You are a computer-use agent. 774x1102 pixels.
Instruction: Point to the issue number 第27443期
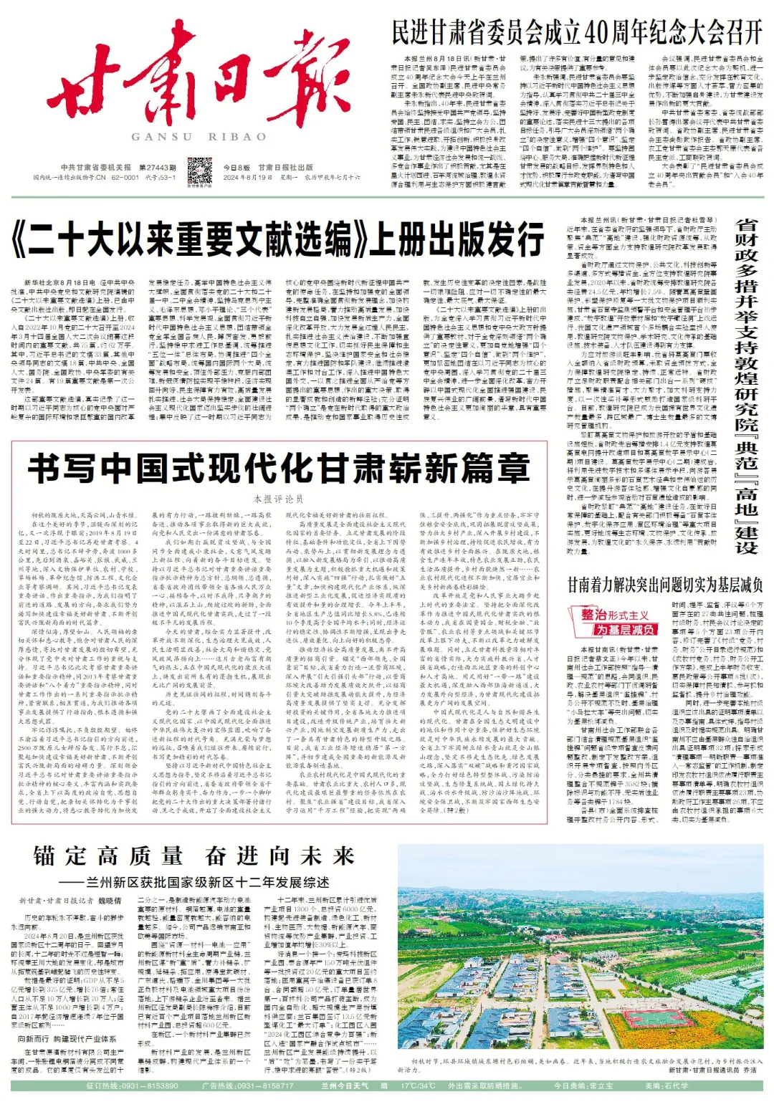coord(158,168)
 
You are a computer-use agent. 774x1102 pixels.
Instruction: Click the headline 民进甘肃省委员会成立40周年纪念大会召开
coord(577,32)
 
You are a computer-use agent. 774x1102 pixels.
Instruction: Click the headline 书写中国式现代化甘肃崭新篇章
coord(279,469)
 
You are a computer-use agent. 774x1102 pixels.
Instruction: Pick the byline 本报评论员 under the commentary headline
coord(279,499)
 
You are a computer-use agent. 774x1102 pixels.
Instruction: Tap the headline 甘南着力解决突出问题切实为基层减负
coord(665,585)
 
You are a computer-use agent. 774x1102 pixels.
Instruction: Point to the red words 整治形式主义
coord(615,615)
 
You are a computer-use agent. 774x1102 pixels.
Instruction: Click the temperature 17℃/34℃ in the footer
coord(418,1086)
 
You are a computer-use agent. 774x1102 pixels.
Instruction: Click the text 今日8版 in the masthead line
coord(236,168)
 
